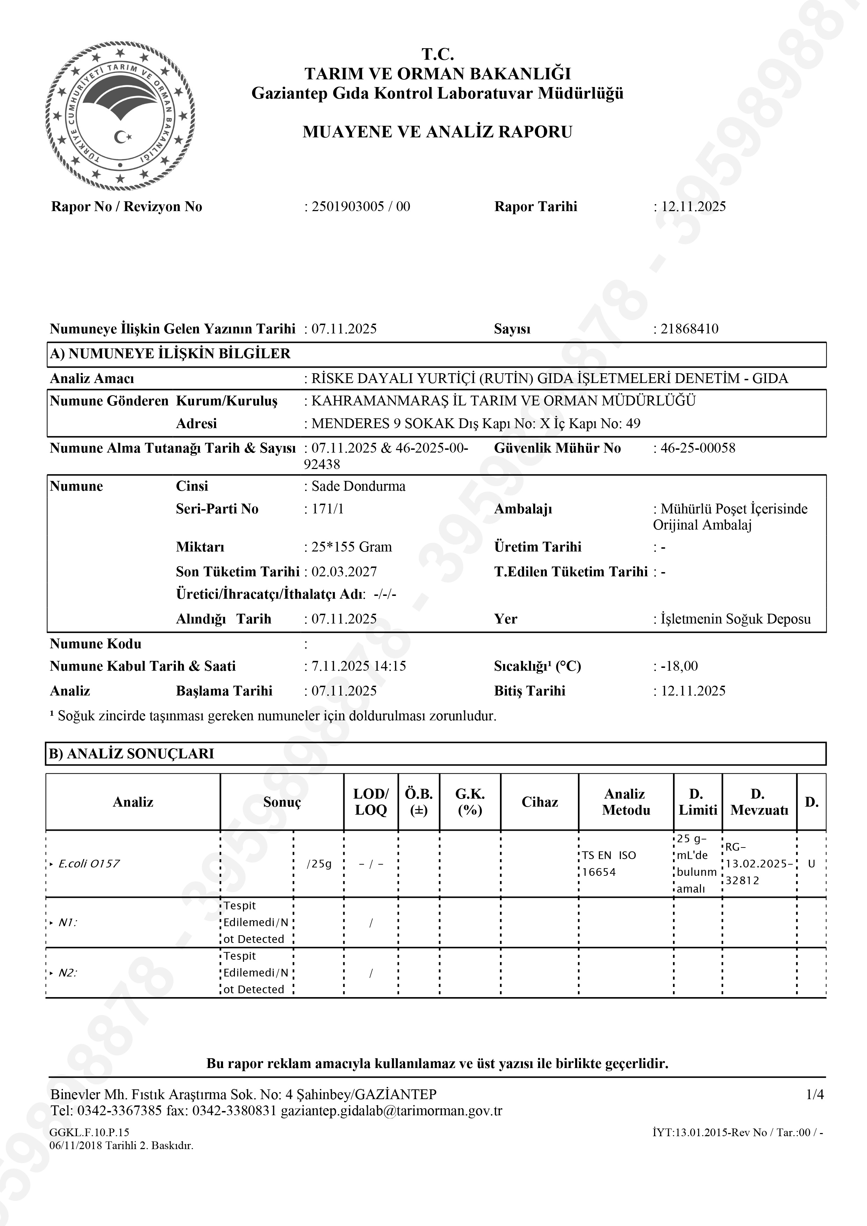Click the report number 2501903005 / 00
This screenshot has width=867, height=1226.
(360, 207)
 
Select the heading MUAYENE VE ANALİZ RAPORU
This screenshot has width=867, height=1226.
(437, 132)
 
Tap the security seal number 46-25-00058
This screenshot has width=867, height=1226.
(698, 448)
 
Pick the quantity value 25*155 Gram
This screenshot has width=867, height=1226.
(351, 547)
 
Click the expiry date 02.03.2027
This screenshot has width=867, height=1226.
(344, 572)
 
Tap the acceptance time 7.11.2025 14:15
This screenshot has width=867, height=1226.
(358, 666)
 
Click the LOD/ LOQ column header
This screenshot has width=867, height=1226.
(371, 802)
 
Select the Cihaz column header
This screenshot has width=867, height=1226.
(539, 802)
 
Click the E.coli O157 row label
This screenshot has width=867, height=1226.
(89, 864)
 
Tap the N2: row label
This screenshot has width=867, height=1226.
(67, 973)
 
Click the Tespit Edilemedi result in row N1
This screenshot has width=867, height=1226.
(255, 922)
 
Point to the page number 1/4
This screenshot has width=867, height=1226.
(815, 1095)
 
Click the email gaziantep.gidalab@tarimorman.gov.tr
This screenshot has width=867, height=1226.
(392, 1111)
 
